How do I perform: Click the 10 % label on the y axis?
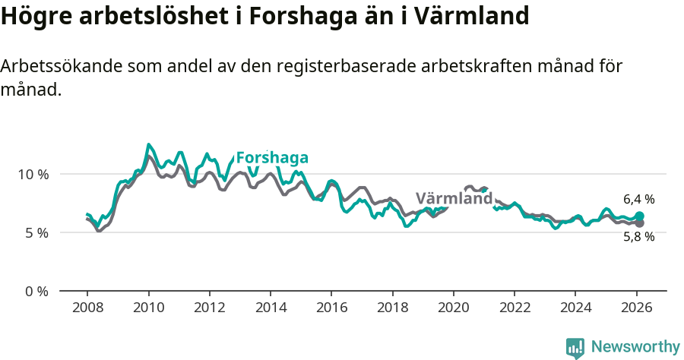coord(33,174)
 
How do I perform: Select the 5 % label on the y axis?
coord(36,232)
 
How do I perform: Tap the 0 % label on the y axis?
coord(36,291)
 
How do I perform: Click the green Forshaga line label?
coord(272,158)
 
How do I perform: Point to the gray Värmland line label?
coord(454,199)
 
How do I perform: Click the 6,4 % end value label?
coord(638,199)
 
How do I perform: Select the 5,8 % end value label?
coord(638,236)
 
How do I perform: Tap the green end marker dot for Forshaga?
coord(639,216)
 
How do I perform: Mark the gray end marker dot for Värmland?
coord(639,223)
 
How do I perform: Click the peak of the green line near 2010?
coord(149,144)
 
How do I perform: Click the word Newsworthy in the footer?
coord(635,347)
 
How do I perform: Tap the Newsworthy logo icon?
coord(575,348)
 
